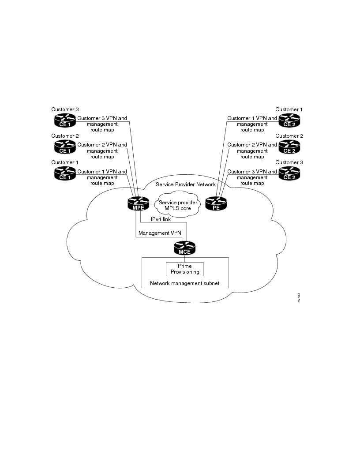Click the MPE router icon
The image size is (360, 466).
pyautogui.click(x=139, y=204)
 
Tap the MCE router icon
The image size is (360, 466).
pyautogui.click(x=184, y=248)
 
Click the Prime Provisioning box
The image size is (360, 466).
pyautogui.click(x=184, y=269)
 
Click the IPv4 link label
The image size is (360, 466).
pyautogui.click(x=161, y=219)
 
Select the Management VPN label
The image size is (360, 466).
pyautogui.click(x=159, y=233)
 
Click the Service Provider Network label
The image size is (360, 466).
pyautogui.click(x=186, y=184)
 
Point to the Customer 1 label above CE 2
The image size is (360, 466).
pyautogui.click(x=289, y=109)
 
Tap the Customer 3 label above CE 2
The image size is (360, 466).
pyautogui.click(x=289, y=162)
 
